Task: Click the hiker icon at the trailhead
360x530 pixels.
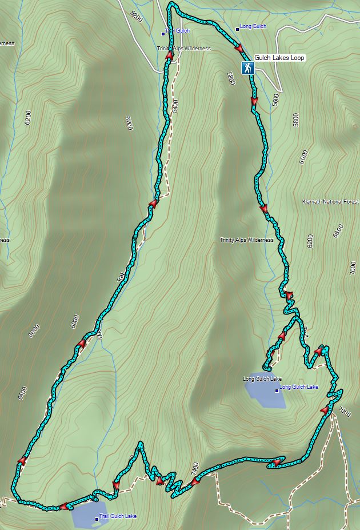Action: coord(247,68)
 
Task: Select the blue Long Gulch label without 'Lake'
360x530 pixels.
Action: coord(253,27)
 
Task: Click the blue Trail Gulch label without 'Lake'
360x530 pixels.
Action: coord(177,31)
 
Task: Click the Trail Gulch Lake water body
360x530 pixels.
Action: coord(89,516)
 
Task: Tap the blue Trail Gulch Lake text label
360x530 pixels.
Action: coord(118,516)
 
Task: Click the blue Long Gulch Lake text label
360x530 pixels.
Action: coord(299,387)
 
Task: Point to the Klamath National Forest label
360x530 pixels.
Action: coord(331,202)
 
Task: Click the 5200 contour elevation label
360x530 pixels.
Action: coord(136,15)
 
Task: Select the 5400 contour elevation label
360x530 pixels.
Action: coord(174,106)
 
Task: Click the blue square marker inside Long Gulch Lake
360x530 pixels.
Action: coord(277,390)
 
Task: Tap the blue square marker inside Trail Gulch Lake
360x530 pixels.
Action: coord(97,519)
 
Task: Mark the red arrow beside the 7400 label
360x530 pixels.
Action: coord(195,483)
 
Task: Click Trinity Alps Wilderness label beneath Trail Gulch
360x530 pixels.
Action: coord(184,49)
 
